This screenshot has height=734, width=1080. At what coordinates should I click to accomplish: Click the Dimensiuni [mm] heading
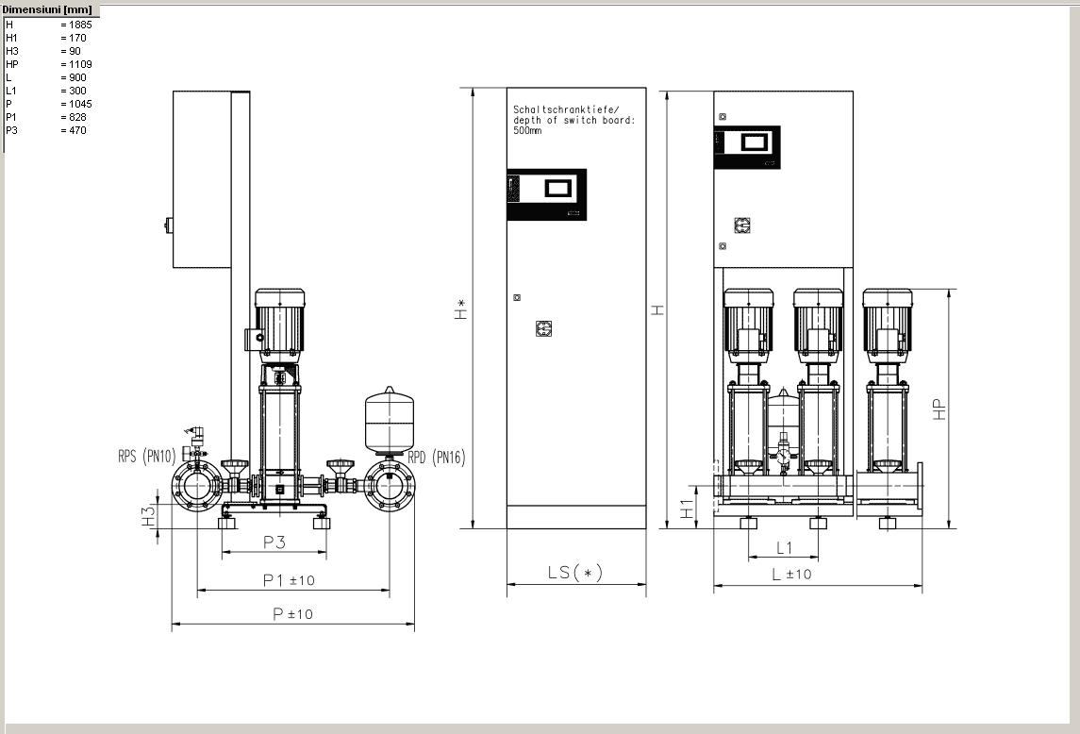pos(47,9)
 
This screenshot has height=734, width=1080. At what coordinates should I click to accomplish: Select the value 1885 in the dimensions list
pos(80,25)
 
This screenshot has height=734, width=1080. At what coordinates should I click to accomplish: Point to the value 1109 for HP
pos(80,64)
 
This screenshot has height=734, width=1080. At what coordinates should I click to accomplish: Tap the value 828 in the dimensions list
pos(77,117)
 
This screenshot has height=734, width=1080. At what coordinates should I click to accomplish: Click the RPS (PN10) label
pos(147,456)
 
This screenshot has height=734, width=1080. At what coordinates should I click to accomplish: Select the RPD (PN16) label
pos(437,457)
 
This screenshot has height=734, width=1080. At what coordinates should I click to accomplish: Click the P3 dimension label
pos(274,542)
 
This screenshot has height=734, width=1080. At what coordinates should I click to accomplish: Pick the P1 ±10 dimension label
pos(289,580)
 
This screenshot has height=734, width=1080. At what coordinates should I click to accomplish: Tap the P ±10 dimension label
pos(292,613)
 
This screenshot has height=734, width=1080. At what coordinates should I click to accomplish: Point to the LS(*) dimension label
pos(575,572)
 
